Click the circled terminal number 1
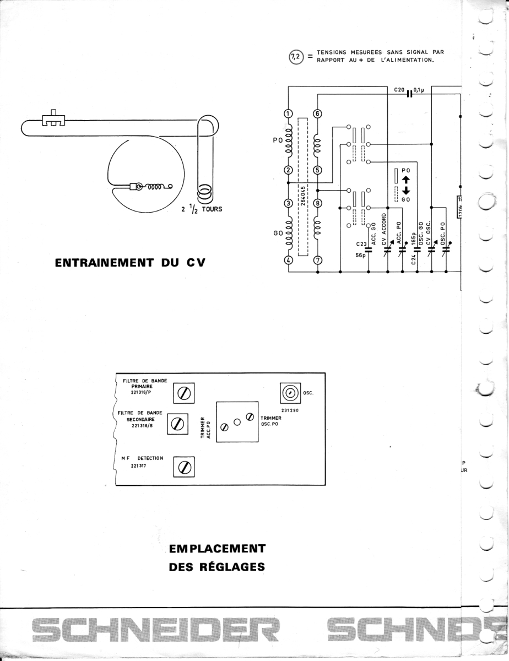(x=288, y=114)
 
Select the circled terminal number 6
(x=317, y=114)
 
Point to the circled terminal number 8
(x=317, y=203)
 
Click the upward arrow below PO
(x=405, y=180)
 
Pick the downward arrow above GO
(x=405, y=192)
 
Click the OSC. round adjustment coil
(x=290, y=393)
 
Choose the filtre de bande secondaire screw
(x=177, y=424)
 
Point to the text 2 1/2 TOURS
(x=202, y=209)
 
